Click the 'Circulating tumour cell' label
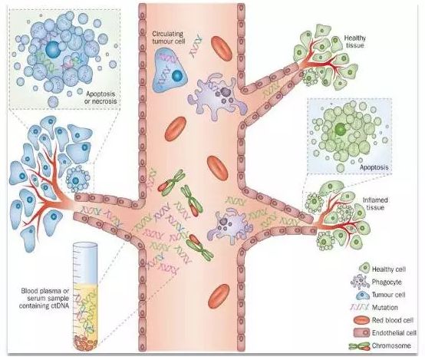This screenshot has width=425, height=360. coord(168,38)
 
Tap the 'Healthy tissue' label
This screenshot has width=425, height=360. coord(354,41)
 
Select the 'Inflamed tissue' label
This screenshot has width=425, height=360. coord(375,203)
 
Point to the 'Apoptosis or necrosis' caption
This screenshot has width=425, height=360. coord(100,97)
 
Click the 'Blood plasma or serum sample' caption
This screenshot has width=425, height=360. coord(45,298)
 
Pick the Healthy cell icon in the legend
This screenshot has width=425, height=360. coord(364,268)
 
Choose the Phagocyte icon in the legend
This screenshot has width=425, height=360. coord(361,282)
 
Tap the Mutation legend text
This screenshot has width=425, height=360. coord(384,307)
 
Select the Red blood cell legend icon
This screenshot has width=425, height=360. coord(362,320)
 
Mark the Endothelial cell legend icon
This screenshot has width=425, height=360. coord(361,332)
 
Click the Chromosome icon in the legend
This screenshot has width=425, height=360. coord(359,346)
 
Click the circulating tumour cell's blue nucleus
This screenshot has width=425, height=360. coord(177,76)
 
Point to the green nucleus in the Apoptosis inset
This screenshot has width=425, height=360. coord(340,129)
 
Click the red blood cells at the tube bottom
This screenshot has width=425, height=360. coord(86,342)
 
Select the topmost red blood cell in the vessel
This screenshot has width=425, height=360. coord(222,49)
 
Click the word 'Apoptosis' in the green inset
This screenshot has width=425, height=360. coord(374,167)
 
